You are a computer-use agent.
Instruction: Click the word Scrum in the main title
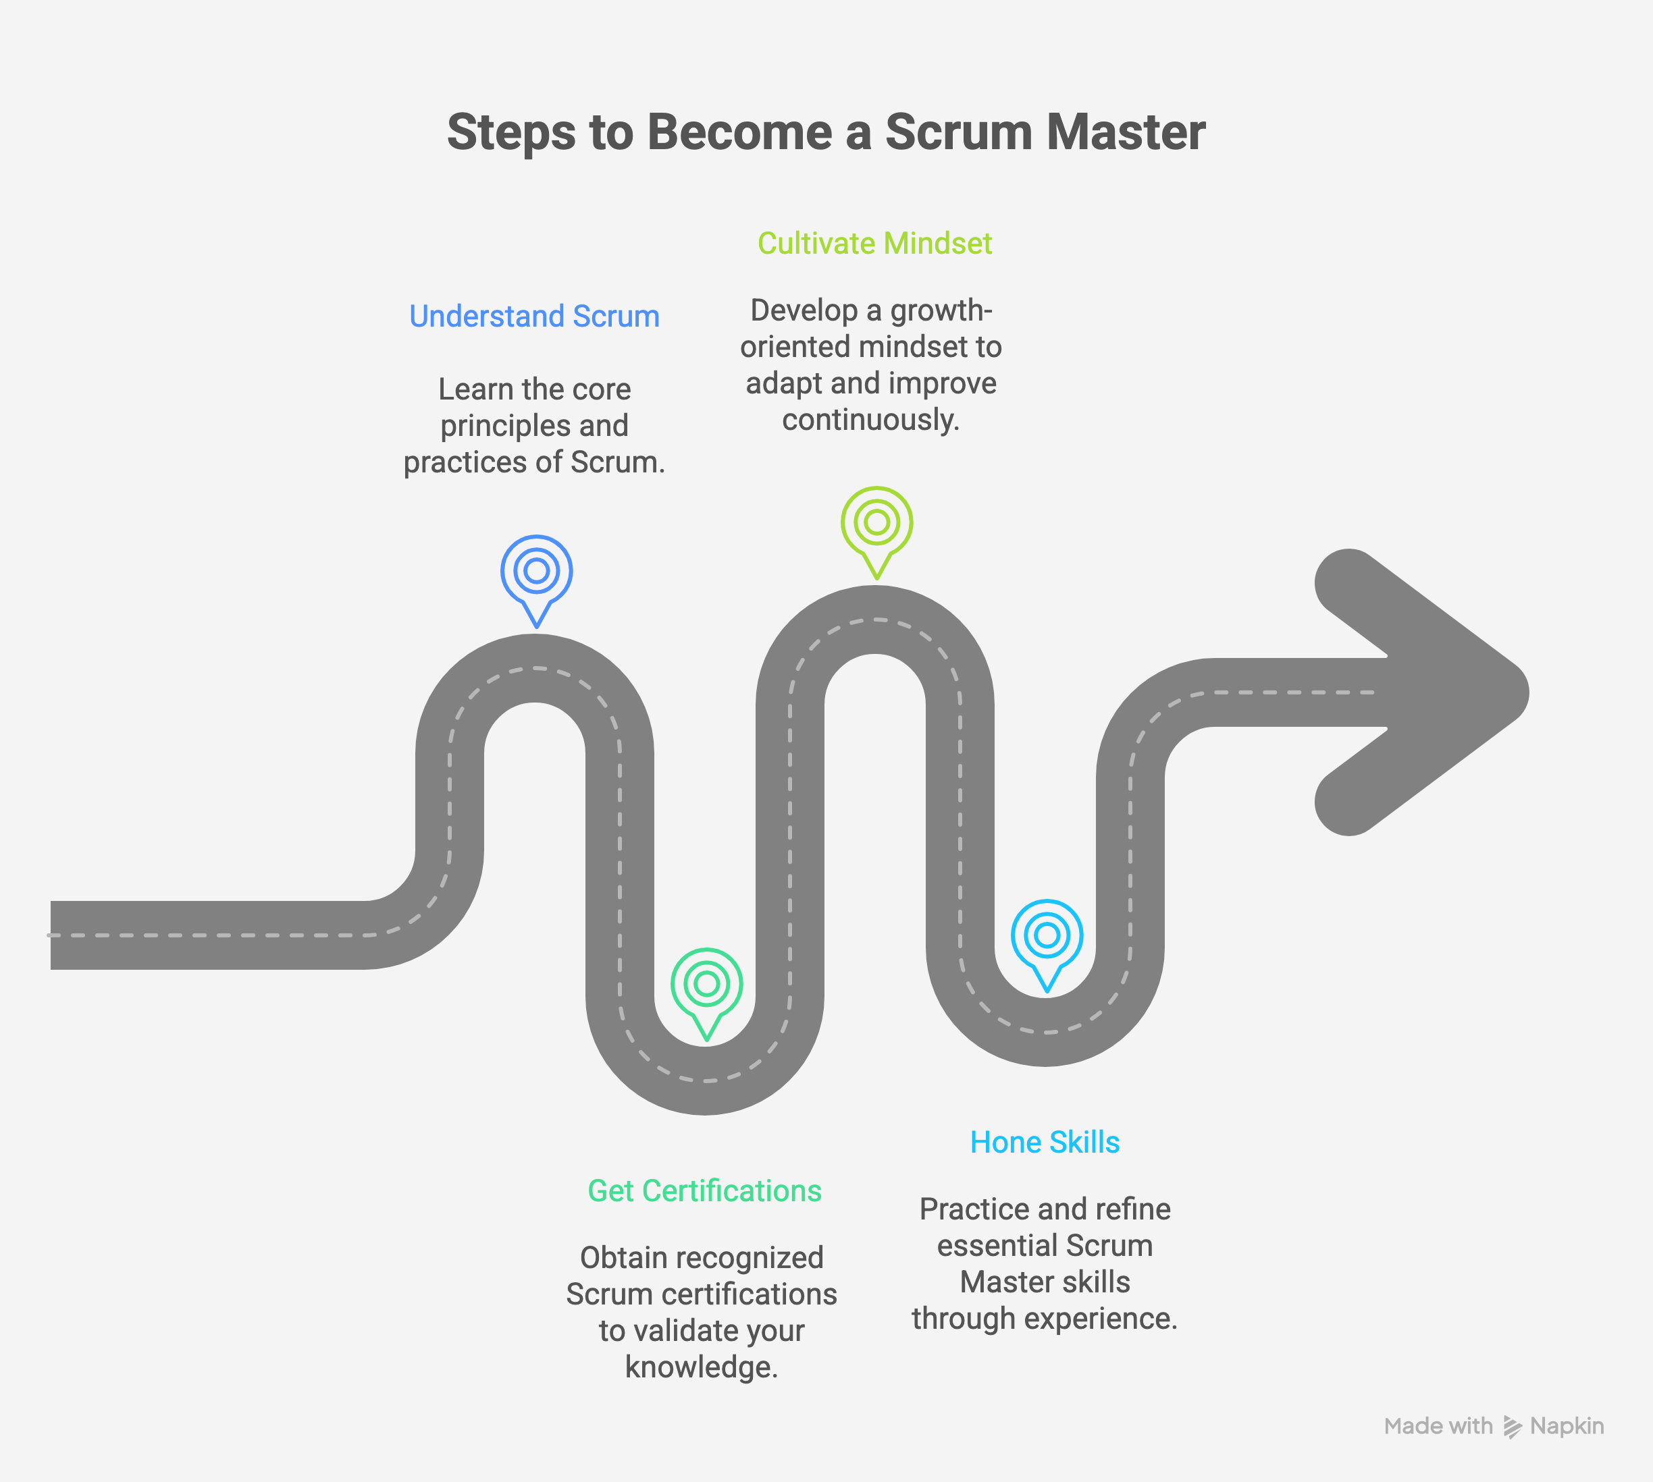click(958, 132)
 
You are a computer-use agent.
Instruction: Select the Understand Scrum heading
click(533, 316)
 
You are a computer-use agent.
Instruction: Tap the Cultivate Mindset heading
click(874, 244)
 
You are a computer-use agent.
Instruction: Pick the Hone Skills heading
click(1045, 1143)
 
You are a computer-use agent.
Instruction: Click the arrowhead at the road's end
click(1434, 692)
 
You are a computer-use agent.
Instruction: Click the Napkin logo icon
click(1512, 1427)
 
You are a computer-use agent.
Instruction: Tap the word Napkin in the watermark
click(1567, 1427)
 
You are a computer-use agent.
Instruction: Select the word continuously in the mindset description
click(870, 420)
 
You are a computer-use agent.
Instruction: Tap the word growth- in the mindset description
click(941, 310)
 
